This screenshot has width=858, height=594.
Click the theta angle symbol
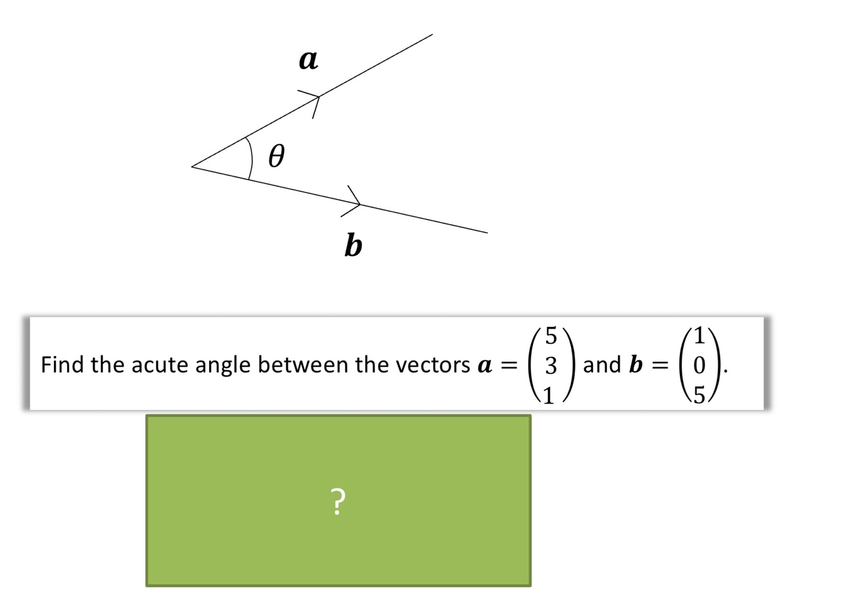[x=275, y=156]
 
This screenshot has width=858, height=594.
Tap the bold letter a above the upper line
[x=308, y=60]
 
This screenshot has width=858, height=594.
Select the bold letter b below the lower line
[x=353, y=245]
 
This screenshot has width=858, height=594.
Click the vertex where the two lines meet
[x=192, y=166]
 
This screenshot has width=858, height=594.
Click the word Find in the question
[x=63, y=365]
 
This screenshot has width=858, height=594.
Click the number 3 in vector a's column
[x=551, y=366]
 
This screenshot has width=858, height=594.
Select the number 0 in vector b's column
[x=700, y=366]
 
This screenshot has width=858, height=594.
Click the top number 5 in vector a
[x=551, y=335]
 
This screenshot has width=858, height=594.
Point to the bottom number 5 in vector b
[x=700, y=394]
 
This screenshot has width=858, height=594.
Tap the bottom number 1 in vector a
[x=549, y=394]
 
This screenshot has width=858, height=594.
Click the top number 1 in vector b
[x=700, y=335]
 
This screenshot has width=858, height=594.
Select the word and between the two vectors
[x=601, y=365]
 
